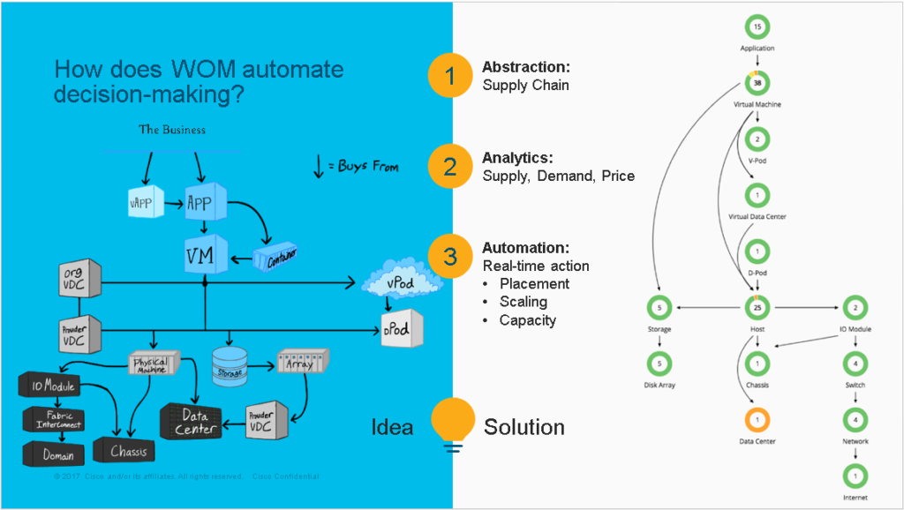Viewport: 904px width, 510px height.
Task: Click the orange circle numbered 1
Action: [x=451, y=76]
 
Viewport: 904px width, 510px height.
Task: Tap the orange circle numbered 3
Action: [x=451, y=257]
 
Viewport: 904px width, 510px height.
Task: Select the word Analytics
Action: [x=516, y=158]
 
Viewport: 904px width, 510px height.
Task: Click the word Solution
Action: [x=524, y=427]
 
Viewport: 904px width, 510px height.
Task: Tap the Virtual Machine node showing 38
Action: [x=757, y=83]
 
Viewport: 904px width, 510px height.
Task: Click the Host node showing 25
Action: [x=757, y=308]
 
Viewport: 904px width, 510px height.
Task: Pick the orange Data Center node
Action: [x=757, y=419]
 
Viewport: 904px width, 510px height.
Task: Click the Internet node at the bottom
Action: [x=855, y=476]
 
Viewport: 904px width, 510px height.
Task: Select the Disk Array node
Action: [x=660, y=364]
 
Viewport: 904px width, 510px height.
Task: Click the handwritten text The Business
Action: [x=172, y=130]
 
